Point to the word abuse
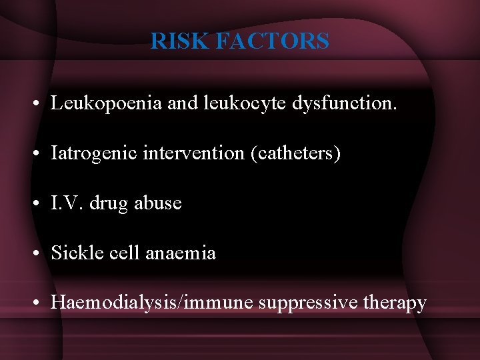point(158,203)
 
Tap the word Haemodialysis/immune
point(152,303)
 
